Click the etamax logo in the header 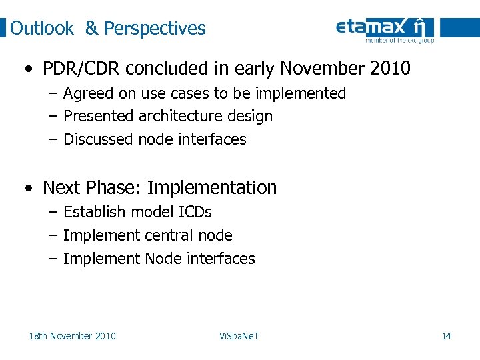click(385, 29)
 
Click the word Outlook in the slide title click(42, 29)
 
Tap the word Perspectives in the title click(155, 29)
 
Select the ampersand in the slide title click(91, 29)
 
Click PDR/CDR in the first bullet click(81, 69)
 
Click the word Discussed click(98, 139)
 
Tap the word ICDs click(195, 212)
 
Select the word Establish click(94, 212)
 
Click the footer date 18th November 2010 click(72, 336)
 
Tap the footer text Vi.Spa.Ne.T click(239, 336)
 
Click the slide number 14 click(446, 336)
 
